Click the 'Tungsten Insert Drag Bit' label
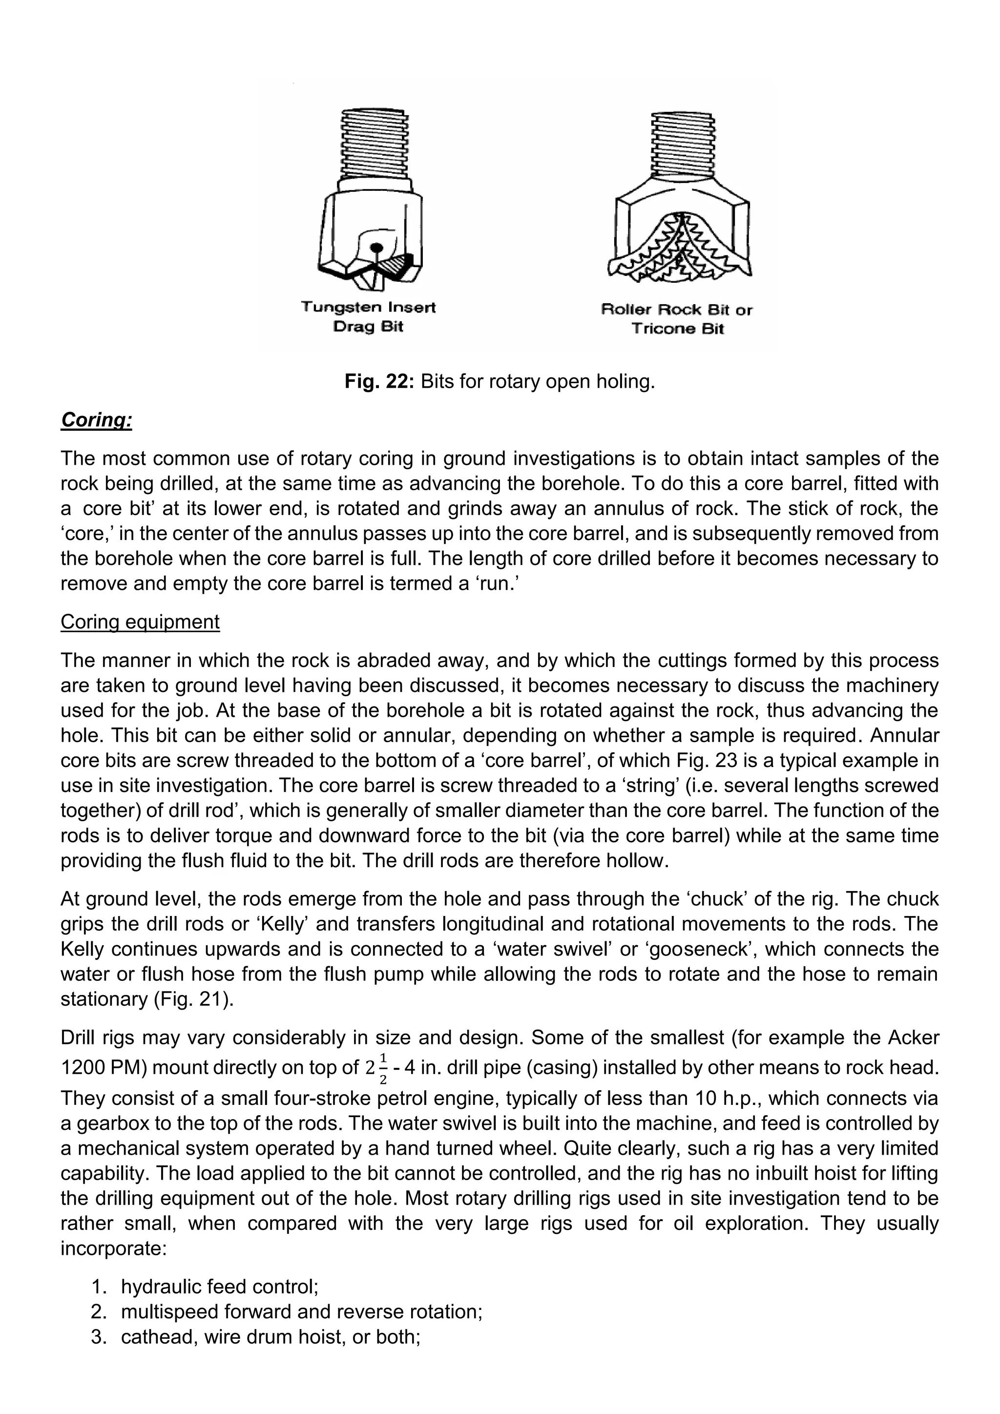pos(368,316)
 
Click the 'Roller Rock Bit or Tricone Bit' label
pos(676,319)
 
